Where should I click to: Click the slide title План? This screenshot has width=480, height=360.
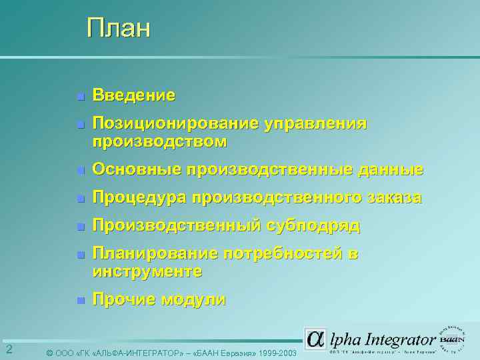[119, 29]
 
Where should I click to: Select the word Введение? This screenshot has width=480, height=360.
[134, 95]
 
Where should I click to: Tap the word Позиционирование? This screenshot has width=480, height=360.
[175, 123]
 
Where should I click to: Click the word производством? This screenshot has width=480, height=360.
[159, 142]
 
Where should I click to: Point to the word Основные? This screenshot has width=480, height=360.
[137, 170]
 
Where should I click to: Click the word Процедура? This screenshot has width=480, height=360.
[139, 198]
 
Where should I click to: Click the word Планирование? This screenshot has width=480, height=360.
[155, 253]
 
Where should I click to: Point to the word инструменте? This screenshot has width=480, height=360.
[147, 272]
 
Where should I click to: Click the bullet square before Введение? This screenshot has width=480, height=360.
[79, 97]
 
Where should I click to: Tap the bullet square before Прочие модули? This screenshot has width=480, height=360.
[79, 301]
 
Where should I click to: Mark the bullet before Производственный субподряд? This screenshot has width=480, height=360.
[79, 227]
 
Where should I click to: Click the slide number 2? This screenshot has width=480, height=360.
[9, 350]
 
